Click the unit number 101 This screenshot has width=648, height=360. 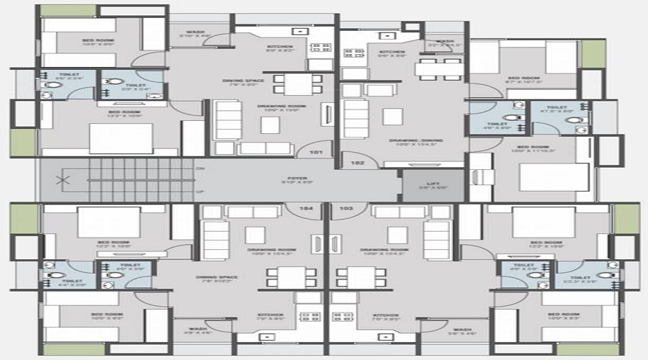[315, 153]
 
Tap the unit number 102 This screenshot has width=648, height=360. [358, 163]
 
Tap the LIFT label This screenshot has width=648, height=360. [432, 184]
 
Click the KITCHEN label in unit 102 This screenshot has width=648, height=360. [392, 52]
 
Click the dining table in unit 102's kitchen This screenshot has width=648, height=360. [439, 68]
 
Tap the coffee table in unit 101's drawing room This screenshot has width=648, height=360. [270, 124]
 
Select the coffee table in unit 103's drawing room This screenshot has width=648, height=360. [397, 235]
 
